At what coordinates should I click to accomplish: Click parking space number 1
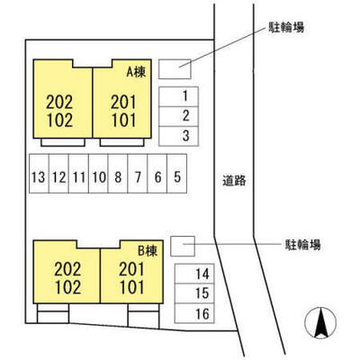(178, 96)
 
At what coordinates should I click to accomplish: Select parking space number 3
(178, 136)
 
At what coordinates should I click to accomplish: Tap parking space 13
(39, 174)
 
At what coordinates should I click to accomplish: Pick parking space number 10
(98, 174)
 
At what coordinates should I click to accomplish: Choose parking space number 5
(177, 174)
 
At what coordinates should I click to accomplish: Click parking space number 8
(118, 174)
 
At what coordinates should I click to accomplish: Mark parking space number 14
(194, 274)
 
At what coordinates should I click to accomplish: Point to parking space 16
(194, 313)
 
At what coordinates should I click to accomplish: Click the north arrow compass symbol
(320, 323)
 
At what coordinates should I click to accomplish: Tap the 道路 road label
(234, 181)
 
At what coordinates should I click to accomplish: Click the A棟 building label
(136, 72)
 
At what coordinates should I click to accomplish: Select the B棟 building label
(148, 250)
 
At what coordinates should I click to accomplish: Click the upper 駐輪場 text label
(286, 28)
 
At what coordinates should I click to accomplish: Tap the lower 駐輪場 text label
(302, 245)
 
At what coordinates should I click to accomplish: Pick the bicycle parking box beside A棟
(175, 69)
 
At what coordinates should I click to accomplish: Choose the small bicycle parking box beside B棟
(183, 247)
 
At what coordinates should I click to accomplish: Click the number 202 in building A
(59, 103)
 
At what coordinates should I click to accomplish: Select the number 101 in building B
(132, 287)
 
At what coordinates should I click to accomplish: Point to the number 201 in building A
(123, 103)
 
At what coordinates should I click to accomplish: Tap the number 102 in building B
(68, 287)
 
